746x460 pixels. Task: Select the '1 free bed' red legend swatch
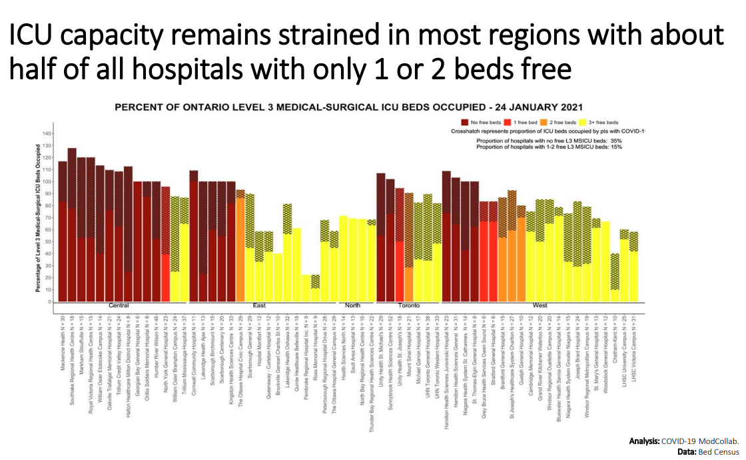(x=508, y=122)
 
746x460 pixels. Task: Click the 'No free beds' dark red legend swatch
(x=464, y=122)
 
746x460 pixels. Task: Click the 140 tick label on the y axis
(x=47, y=133)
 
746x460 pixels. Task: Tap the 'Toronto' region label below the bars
(x=408, y=306)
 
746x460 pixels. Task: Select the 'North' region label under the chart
(x=353, y=306)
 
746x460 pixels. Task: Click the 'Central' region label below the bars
(x=119, y=306)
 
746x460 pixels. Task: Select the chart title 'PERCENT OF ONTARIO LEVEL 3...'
(x=339, y=107)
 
